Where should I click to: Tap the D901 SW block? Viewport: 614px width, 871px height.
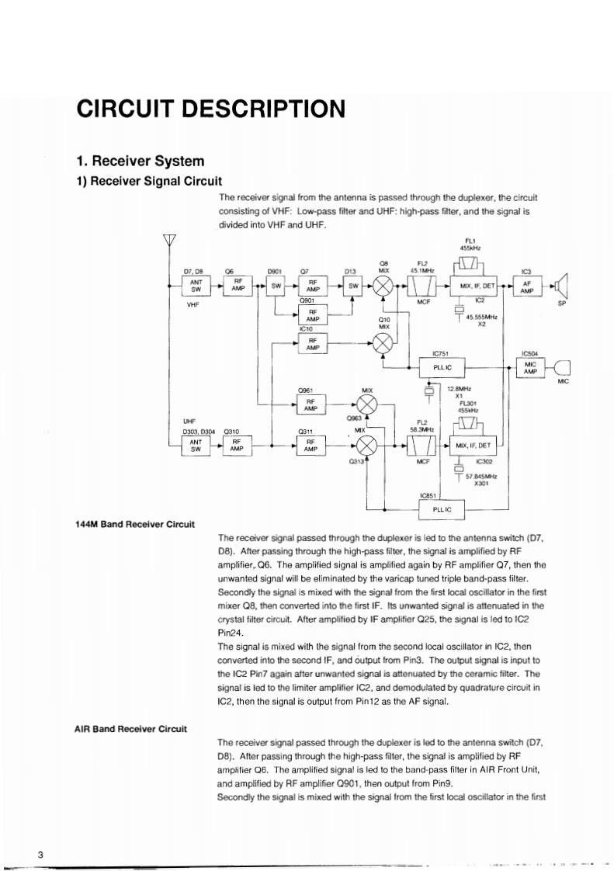[276, 286]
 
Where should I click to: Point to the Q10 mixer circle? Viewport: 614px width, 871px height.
[382, 344]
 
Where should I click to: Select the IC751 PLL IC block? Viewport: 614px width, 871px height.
[442, 366]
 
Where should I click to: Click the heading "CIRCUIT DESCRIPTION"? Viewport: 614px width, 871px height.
[210, 109]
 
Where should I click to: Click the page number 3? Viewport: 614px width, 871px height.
[39, 855]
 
